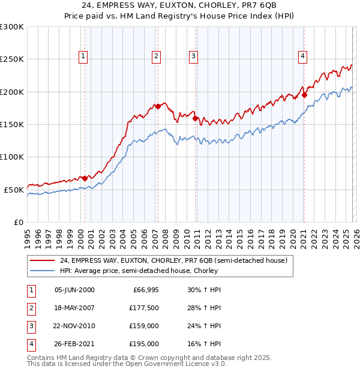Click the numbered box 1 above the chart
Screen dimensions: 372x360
point(82,56)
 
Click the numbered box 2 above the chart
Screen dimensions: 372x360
point(156,56)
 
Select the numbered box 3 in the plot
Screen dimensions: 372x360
point(194,56)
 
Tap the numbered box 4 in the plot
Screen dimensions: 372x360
point(302,56)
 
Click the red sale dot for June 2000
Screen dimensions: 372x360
point(85,178)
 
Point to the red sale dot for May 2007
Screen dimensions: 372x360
point(158,106)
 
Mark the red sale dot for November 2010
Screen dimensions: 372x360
point(196,118)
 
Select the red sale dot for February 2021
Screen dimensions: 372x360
point(305,95)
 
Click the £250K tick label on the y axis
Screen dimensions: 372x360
point(12,59)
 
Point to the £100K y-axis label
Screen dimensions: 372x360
point(12,157)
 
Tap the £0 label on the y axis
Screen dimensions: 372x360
point(18,222)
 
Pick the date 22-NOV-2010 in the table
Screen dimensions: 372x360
point(74,326)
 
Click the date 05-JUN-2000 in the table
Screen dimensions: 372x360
point(74,290)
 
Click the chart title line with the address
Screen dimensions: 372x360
point(180,6)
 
